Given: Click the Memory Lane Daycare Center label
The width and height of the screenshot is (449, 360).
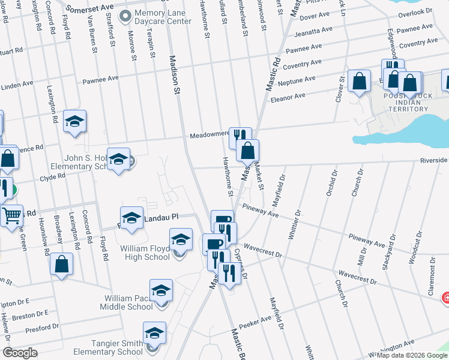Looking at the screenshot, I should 163,17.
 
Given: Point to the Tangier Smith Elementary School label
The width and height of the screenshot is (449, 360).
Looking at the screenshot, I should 108,347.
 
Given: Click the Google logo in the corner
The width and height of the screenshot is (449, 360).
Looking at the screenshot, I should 20,353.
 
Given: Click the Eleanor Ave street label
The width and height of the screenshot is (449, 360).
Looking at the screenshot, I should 288,96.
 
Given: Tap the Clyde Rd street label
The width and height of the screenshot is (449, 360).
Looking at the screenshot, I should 52,177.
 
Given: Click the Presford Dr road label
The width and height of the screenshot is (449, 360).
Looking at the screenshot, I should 41,328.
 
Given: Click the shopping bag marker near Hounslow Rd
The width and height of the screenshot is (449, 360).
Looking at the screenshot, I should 61,263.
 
